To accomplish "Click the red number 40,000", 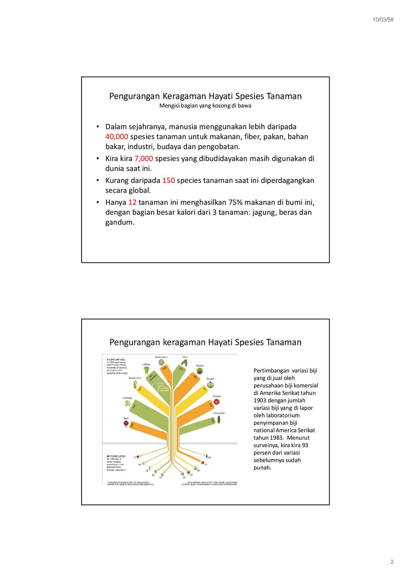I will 117,137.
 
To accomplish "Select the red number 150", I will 168,180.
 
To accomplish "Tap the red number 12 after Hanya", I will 132,202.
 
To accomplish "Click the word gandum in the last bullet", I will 119,222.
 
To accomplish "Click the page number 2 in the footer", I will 392,562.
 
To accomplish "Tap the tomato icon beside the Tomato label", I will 217,401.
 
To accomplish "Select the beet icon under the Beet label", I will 126,423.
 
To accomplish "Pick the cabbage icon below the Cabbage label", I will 127,402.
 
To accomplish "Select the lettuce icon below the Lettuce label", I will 146,370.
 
